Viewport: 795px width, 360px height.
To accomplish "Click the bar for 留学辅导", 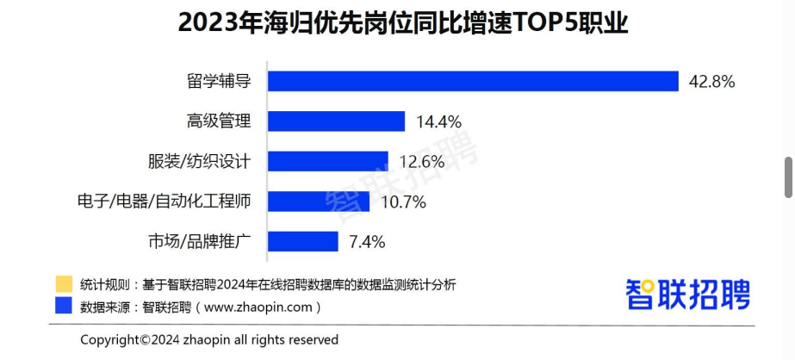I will click(474, 81).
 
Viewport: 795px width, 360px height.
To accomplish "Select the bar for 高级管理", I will click(336, 121).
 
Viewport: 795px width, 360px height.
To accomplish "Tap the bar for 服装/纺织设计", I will click(328, 161).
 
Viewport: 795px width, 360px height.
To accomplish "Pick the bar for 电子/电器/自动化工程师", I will click(319, 202).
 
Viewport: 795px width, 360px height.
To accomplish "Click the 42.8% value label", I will click(711, 82).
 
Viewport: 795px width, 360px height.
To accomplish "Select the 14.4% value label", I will click(438, 121).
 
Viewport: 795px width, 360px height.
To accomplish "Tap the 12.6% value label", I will click(422, 162).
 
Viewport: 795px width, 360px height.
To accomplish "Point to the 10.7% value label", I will click(403, 202).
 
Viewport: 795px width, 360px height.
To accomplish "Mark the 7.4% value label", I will click(366, 242).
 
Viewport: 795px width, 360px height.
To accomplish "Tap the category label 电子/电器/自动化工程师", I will click(165, 202).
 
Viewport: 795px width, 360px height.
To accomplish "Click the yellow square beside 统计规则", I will click(63, 284).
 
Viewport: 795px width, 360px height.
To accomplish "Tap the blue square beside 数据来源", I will click(63, 306).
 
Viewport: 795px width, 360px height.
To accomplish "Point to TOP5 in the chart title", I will click(548, 23).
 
